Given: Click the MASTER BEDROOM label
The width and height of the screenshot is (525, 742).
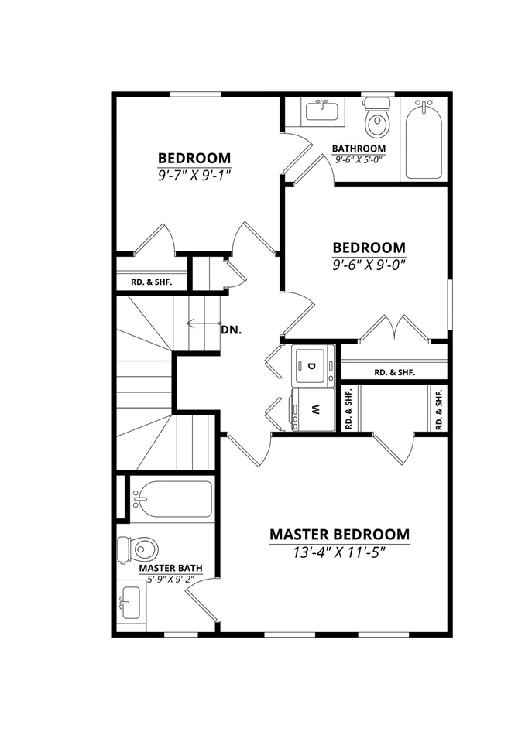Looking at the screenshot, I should (x=339, y=535).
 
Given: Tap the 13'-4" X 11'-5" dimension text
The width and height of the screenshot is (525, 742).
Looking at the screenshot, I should (x=339, y=552).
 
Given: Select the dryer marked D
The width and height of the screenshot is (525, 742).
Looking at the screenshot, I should (x=313, y=366).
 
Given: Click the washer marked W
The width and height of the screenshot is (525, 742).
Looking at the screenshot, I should (x=313, y=410).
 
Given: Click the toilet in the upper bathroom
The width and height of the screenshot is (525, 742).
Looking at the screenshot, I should (x=377, y=118).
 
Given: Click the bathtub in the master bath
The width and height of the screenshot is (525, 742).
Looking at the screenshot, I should (x=172, y=498).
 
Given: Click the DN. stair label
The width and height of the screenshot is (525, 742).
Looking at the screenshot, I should (x=232, y=330).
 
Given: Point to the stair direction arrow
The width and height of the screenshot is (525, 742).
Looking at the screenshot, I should (x=203, y=323).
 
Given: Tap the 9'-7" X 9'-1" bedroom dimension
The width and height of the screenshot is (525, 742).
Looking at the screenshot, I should (x=194, y=175).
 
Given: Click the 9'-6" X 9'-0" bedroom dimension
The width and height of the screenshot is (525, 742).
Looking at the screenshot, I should (x=369, y=263).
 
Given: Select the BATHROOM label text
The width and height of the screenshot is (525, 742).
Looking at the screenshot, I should (x=359, y=149).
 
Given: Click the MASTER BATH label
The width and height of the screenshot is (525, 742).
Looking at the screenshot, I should (x=171, y=568).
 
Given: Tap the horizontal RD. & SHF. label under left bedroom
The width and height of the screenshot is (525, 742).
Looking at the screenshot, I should (x=151, y=282).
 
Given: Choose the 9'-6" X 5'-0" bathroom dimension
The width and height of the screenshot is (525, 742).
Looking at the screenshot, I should (x=359, y=159).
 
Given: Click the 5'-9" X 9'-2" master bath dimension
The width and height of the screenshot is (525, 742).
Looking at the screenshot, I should (x=171, y=577).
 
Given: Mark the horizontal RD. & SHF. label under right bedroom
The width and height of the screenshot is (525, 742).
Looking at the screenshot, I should (x=394, y=372).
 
